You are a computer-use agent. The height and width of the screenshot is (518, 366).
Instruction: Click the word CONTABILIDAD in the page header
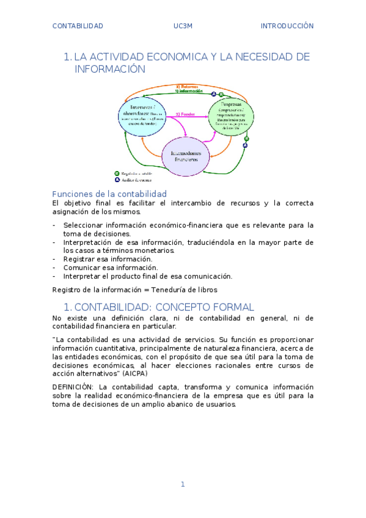pyautogui.click(x=78, y=26)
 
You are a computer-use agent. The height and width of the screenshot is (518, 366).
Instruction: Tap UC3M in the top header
pyautogui.click(x=183, y=26)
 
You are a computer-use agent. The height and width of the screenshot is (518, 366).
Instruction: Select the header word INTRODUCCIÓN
pyautogui.click(x=287, y=26)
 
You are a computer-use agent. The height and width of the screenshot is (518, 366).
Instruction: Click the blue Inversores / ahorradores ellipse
pyautogui.click(x=142, y=116)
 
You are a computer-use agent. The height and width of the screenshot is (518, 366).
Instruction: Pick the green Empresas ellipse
pyautogui.click(x=231, y=116)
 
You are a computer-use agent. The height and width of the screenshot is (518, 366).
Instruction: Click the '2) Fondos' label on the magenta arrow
pyautogui.click(x=185, y=114)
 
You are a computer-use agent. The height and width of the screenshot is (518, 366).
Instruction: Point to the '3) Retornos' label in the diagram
pyautogui.click(x=187, y=87)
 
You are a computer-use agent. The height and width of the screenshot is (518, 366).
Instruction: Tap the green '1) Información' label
pyautogui.click(x=189, y=92)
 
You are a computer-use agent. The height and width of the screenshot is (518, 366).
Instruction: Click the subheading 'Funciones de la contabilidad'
pyautogui.click(x=109, y=194)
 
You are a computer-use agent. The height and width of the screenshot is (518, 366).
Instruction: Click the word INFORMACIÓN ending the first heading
pyautogui.click(x=110, y=70)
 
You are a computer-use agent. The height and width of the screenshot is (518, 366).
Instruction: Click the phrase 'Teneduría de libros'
pyautogui.click(x=186, y=290)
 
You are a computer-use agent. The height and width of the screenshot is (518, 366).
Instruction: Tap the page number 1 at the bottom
pyautogui.click(x=182, y=484)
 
